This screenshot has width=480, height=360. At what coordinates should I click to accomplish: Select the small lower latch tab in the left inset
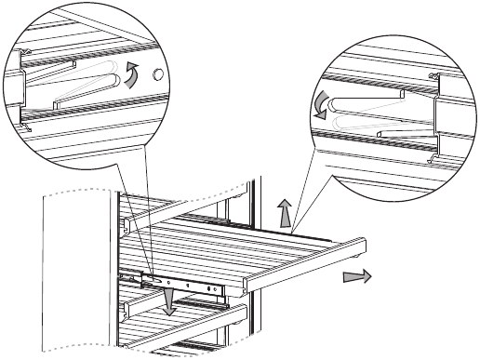tap(32, 127)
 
